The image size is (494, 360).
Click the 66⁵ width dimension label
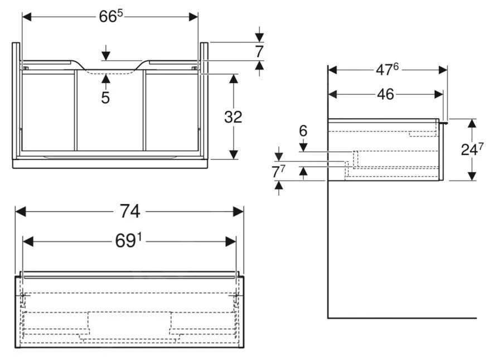click(110, 16)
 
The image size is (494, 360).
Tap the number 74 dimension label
click(129, 211)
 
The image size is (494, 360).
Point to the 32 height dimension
click(233, 117)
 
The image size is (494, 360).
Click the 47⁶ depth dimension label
click(387, 70)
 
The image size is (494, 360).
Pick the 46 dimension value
click(385, 94)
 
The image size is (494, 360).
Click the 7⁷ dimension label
click(279, 172)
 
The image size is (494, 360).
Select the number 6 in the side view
click(303, 131)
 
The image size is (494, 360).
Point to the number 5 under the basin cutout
click(105, 98)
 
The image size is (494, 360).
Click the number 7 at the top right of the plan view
click(259, 51)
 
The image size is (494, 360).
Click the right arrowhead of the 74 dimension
click(238, 212)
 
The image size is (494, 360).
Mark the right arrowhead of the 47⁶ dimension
click(443, 70)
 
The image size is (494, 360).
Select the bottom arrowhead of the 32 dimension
click(234, 153)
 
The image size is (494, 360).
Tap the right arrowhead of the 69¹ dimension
click(230, 241)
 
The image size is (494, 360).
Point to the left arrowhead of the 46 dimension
click(333, 94)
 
